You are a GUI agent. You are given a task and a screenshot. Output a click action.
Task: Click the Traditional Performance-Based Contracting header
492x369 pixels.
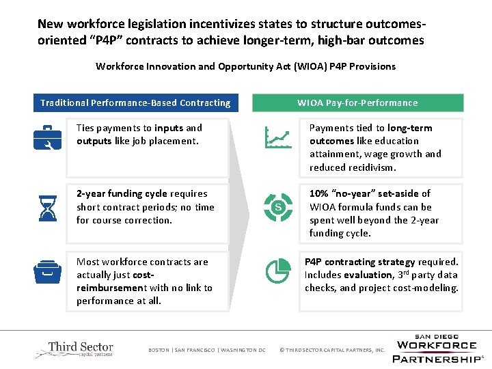click(x=135, y=102)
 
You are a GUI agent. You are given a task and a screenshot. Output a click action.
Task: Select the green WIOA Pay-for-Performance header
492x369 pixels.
click(x=357, y=102)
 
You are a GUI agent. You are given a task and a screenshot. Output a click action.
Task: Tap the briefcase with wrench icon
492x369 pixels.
click(x=48, y=138)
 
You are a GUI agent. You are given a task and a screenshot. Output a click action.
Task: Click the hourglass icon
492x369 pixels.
click(x=48, y=206)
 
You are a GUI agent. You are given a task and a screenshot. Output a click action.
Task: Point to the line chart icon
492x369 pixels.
click(x=277, y=139)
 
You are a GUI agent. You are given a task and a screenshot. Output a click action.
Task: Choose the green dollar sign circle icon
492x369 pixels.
click(x=277, y=206)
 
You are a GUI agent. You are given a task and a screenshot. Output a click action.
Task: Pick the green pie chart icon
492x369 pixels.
click(x=277, y=271)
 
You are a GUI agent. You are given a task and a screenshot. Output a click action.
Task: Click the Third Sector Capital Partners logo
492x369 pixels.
click(x=74, y=349)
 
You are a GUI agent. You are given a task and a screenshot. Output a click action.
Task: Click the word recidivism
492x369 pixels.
click(x=372, y=167)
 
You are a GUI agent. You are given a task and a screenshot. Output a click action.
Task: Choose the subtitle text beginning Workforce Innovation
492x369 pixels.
click(x=245, y=66)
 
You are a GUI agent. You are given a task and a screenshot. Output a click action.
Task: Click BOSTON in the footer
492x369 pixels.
click(x=159, y=351)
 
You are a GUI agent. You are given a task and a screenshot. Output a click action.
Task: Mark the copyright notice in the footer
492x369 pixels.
click(x=333, y=351)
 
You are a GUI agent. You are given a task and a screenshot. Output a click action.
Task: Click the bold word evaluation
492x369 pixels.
click(x=368, y=275)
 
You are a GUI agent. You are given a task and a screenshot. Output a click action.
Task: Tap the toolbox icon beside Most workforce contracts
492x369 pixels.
click(x=48, y=271)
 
